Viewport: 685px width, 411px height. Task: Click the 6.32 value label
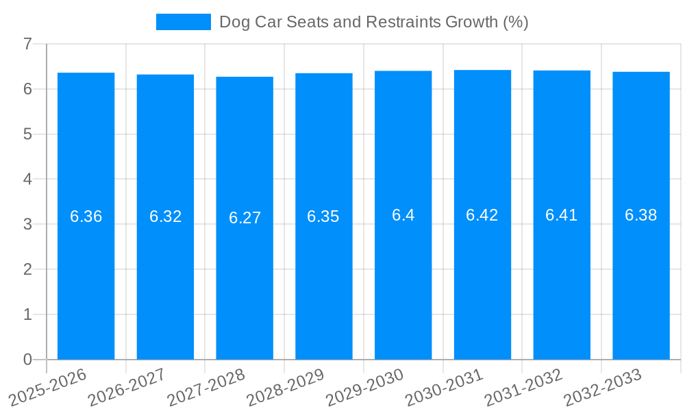[x=165, y=216]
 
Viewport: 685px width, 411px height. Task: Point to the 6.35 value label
[x=323, y=216]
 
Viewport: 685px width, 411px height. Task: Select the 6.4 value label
[x=403, y=215]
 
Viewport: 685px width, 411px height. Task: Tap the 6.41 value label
[x=562, y=215]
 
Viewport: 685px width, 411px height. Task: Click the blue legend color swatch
[x=183, y=22]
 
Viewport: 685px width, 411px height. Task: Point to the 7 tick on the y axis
[x=27, y=44]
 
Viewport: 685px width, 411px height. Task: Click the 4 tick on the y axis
[x=27, y=179]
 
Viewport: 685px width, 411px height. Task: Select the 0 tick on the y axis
[x=27, y=360]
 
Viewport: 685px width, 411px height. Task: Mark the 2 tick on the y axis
[x=27, y=269]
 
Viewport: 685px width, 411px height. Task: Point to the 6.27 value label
[x=245, y=218]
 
